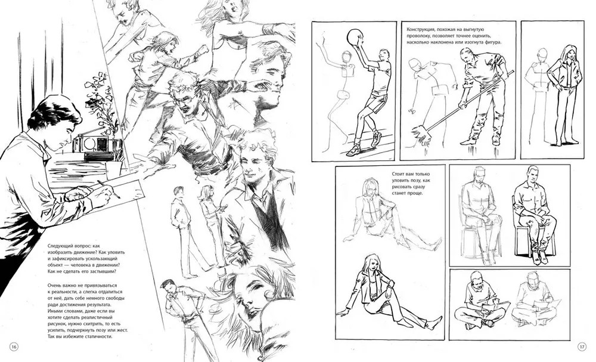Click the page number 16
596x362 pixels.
click(14, 346)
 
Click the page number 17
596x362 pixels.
click(582, 346)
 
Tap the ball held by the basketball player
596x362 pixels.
click(355, 37)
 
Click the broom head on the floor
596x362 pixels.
click(422, 135)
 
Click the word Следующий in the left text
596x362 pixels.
click(61, 246)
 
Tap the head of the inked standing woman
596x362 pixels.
click(569, 53)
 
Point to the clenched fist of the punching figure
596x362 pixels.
click(204, 50)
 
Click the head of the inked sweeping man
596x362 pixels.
click(467, 56)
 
